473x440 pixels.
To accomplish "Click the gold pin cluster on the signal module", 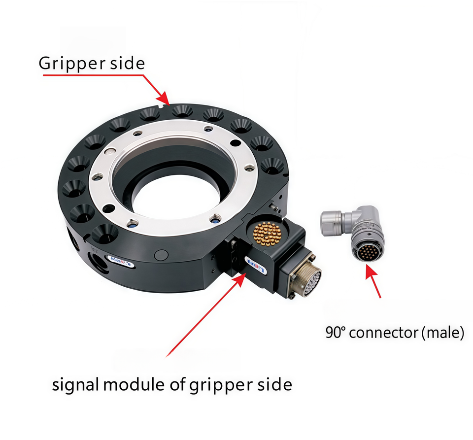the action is click(267, 234).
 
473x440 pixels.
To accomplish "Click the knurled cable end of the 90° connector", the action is click(332, 222).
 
